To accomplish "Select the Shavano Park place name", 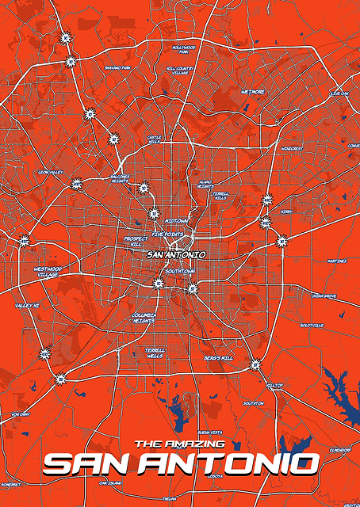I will [x=117, y=68].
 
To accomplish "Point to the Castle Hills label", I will [x=155, y=139].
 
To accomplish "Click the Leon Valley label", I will [x=50, y=171].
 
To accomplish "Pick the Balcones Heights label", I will [x=119, y=178].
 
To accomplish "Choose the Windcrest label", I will [x=292, y=148].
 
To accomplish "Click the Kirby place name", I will [x=286, y=212].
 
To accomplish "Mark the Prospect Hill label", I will [x=132, y=241].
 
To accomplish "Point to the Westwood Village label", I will [x=48, y=272].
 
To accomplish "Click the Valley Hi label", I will [x=27, y=305].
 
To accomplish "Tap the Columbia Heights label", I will [x=144, y=317].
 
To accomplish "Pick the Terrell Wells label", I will [x=155, y=353].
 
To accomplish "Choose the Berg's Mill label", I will [x=218, y=358].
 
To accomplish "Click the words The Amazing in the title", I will [x=180, y=444].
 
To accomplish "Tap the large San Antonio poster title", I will [x=181, y=463].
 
